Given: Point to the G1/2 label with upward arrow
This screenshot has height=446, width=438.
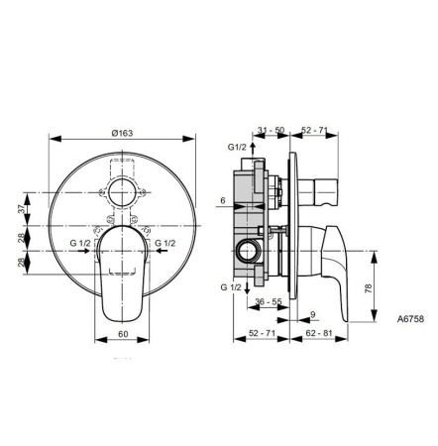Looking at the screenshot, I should (x=238, y=149).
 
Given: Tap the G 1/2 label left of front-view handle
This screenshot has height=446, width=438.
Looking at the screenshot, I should (x=80, y=241).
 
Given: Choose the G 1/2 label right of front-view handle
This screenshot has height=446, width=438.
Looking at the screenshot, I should (x=165, y=241).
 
